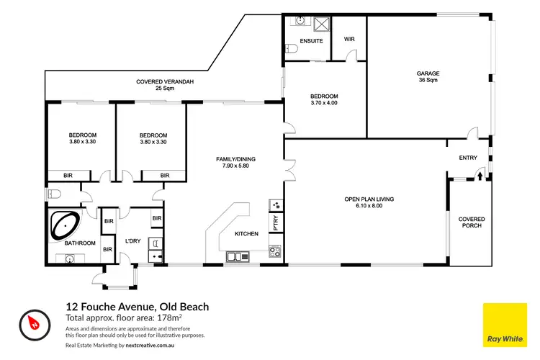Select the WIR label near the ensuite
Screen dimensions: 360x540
click(x=350, y=40)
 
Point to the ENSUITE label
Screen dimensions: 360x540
click(x=303, y=40)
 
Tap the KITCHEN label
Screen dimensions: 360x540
click(x=247, y=234)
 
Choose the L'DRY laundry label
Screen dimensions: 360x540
click(x=132, y=240)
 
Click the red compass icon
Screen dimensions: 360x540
click(x=32, y=322)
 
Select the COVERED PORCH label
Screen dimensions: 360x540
click(x=472, y=222)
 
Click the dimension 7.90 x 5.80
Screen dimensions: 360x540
click(x=235, y=166)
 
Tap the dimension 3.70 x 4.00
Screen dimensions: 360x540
click(x=324, y=103)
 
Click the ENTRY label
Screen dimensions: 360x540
click(x=469, y=158)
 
